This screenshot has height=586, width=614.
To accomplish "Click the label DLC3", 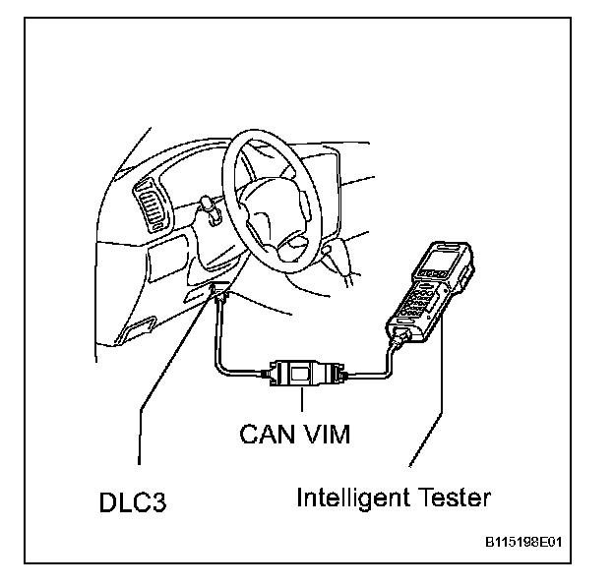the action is pos(133,503).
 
